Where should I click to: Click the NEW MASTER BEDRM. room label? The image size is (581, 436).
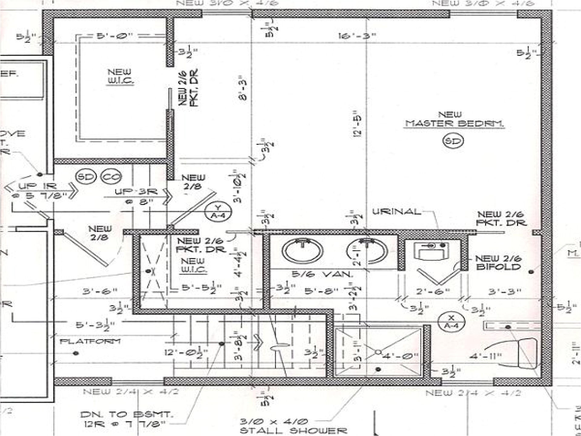(x=455, y=120)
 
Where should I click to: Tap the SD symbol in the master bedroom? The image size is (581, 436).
(x=453, y=141)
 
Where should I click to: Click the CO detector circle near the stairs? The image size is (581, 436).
(x=111, y=177)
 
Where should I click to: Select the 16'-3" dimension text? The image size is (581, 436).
(x=357, y=36)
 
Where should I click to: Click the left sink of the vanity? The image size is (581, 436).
(x=302, y=251)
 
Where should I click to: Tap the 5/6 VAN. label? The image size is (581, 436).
(x=322, y=275)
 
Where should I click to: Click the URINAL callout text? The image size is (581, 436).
(x=396, y=212)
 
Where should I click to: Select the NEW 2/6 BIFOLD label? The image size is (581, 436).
(x=498, y=263)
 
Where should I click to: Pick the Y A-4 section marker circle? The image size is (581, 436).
(x=218, y=211)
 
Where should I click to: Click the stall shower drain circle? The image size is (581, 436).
(x=378, y=352)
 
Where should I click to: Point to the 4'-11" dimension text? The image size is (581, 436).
(x=485, y=356)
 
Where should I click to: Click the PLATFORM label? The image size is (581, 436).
(x=90, y=342)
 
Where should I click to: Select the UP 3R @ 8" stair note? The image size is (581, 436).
(x=136, y=196)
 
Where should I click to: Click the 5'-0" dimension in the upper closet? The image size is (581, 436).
(x=115, y=36)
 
